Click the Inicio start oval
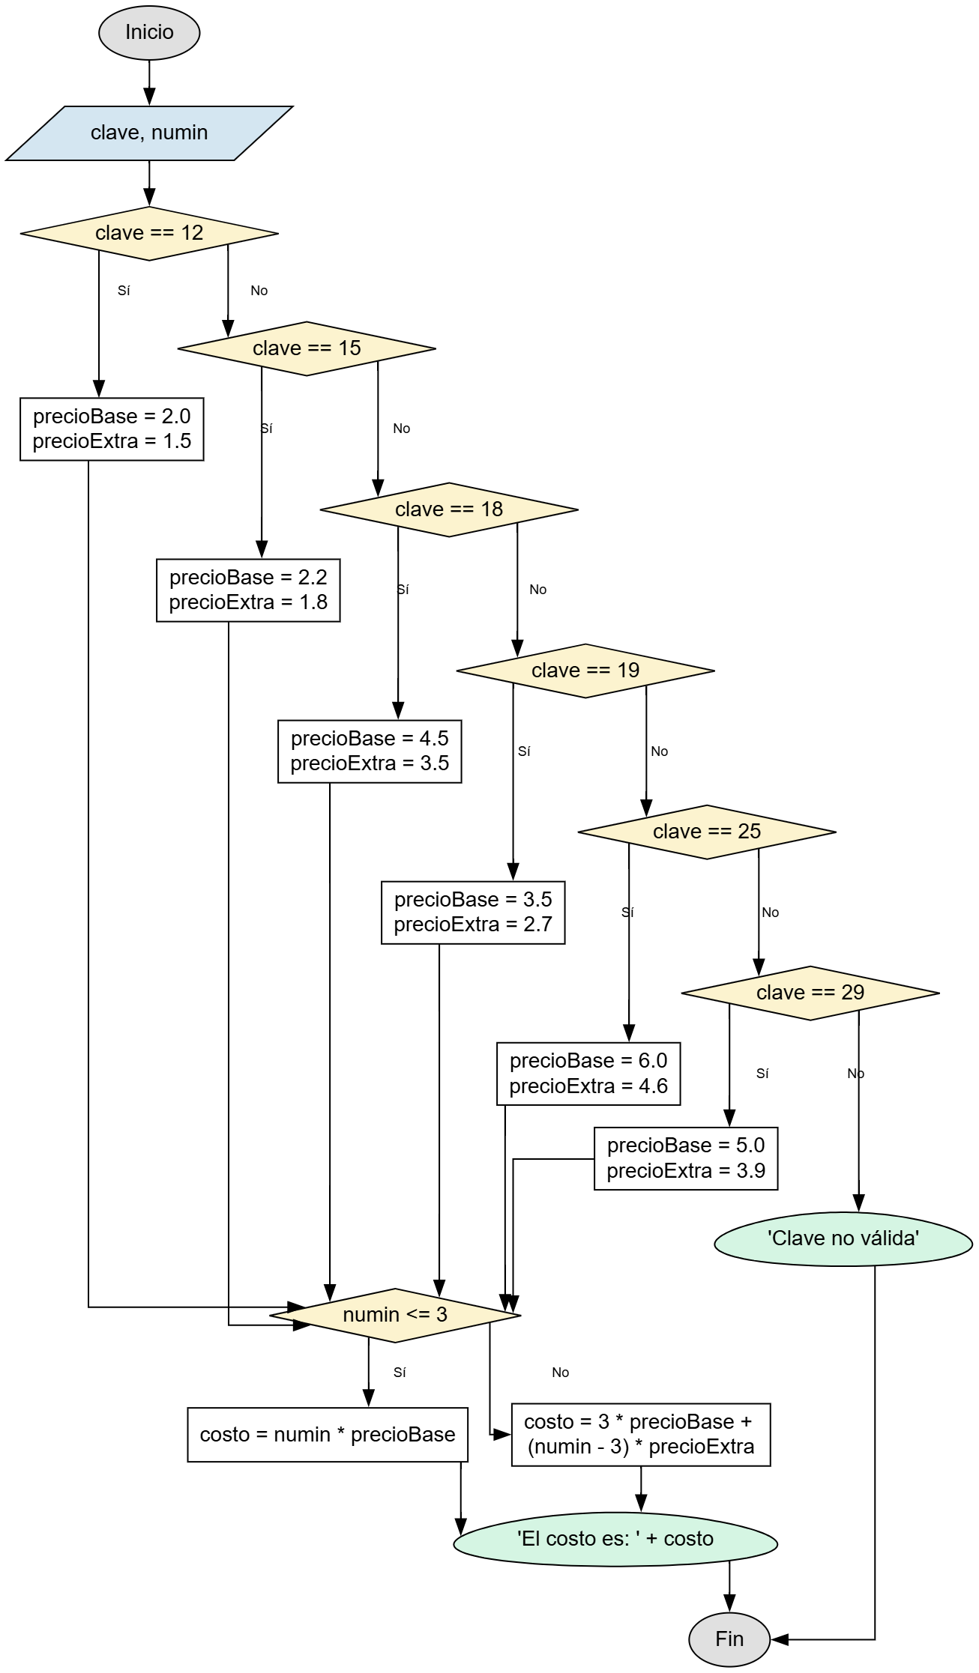149,32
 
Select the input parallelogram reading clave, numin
149,133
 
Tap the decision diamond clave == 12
149,233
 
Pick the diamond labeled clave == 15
307,348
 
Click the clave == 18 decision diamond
449,509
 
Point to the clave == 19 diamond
585,671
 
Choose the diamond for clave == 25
707,832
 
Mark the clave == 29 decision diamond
810,993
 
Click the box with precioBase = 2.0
112,429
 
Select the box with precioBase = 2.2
248,590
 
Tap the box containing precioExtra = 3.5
370,751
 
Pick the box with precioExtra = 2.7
473,913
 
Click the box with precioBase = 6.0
588,1073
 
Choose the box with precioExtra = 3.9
686,1158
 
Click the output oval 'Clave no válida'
843,1238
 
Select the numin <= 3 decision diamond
395,1315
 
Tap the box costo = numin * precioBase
328,1435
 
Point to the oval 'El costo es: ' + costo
615,1539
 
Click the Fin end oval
729,1639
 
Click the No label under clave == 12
259,291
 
